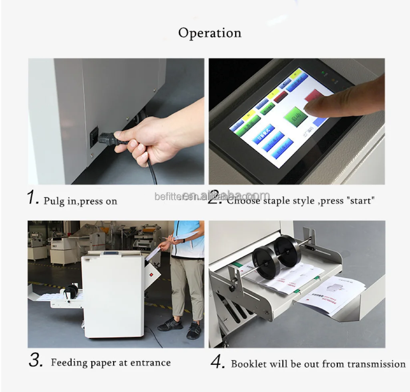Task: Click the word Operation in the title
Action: pyautogui.click(x=209, y=33)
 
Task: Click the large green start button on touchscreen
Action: pyautogui.click(x=295, y=116)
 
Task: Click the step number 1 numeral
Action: pyautogui.click(x=33, y=198)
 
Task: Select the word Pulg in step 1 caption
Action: pyautogui.click(x=54, y=201)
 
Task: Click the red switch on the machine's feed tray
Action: pyautogui.click(x=152, y=275)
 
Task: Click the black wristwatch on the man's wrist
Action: pyautogui.click(x=183, y=241)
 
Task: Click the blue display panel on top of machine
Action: pyautogui.click(x=109, y=253)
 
